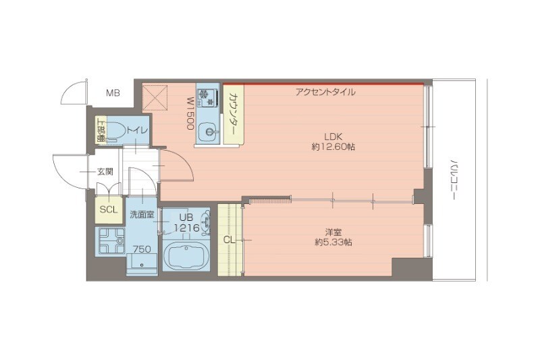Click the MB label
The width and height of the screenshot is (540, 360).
[x=113, y=93]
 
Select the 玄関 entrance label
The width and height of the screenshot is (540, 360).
[x=105, y=172]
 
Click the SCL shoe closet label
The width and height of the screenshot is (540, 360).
[x=109, y=209]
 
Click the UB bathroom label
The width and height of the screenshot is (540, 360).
[x=186, y=217]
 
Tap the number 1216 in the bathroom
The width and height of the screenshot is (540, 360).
[x=186, y=228]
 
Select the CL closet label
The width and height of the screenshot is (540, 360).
[x=230, y=239]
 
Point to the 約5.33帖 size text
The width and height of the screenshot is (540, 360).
[x=332, y=242]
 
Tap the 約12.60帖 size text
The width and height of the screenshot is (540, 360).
[x=333, y=146]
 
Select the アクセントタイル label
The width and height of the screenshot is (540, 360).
[x=325, y=92]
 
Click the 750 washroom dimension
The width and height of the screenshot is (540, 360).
[x=142, y=249]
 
